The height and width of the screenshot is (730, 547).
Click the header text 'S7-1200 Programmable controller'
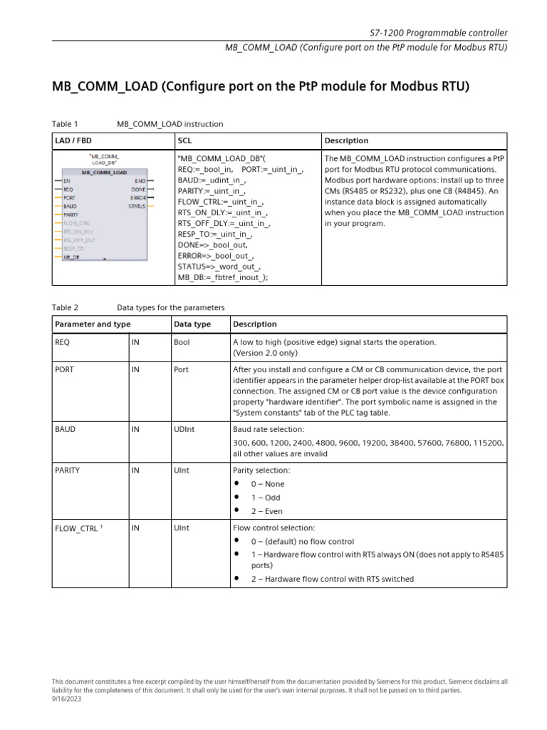point(439,33)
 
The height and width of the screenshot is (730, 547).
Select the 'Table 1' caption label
point(66,124)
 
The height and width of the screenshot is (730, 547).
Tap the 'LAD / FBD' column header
point(74,141)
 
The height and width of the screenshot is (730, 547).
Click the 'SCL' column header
point(184,141)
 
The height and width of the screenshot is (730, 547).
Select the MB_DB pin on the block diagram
point(71,257)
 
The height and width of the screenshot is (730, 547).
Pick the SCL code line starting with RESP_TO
point(215,233)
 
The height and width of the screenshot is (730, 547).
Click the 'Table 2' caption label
point(66,308)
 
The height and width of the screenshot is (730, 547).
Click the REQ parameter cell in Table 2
point(63,342)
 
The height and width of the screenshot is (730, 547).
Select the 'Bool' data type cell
point(182,342)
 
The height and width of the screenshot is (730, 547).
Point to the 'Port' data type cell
point(182,370)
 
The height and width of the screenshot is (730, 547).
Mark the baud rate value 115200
point(490,443)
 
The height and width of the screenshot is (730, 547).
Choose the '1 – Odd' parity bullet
point(266,498)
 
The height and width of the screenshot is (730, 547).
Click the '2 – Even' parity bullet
point(266,511)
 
